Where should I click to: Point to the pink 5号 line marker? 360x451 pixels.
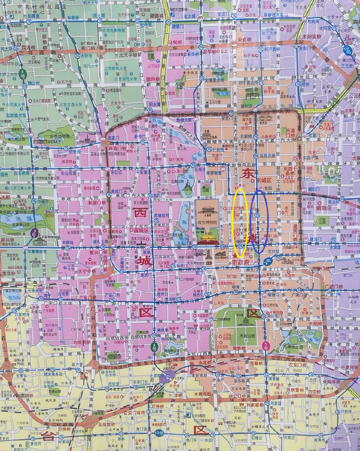pos(265,345)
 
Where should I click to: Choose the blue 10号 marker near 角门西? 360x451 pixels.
pos(158,433)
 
